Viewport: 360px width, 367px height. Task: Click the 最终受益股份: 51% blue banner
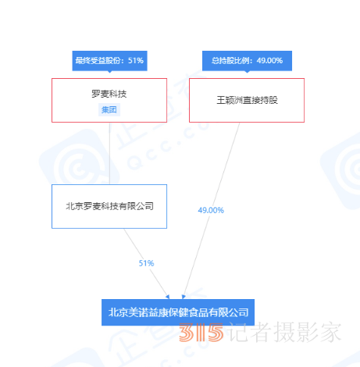click(x=109, y=61)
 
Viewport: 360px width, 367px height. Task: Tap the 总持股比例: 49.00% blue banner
click(x=247, y=61)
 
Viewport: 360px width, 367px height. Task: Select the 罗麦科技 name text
click(x=109, y=94)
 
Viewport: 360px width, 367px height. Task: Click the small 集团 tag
click(x=109, y=109)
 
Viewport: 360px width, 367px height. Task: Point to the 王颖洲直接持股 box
click(x=247, y=100)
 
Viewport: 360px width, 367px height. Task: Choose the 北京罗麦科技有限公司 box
click(x=109, y=206)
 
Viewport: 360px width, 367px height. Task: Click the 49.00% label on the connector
click(x=211, y=210)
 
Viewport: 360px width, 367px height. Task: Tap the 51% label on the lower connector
click(x=146, y=263)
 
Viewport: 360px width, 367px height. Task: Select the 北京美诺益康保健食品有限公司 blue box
click(x=178, y=312)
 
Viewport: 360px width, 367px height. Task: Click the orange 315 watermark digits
click(x=201, y=332)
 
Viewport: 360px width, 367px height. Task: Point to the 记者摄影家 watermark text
click(x=285, y=332)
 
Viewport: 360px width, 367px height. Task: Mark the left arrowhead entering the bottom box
click(x=168, y=297)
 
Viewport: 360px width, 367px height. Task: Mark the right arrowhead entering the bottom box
click(x=184, y=297)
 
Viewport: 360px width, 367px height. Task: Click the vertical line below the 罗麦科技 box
click(x=109, y=153)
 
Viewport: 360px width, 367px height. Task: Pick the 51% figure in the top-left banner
click(x=136, y=61)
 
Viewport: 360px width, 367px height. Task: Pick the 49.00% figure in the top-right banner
click(x=269, y=61)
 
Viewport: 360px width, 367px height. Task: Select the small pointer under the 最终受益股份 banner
click(x=109, y=72)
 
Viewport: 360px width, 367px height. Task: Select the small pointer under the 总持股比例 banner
click(x=247, y=72)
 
